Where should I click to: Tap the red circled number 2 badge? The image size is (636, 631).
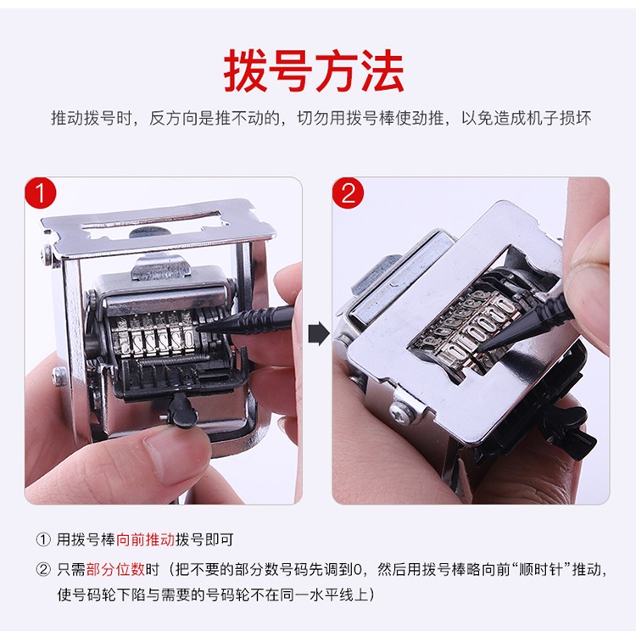coord(348,194)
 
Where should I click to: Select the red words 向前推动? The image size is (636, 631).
coord(145,539)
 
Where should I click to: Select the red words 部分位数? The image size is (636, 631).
coord(115,567)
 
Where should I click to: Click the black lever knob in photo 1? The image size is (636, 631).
coord(180,411)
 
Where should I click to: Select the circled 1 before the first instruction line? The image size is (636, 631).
coord(43,539)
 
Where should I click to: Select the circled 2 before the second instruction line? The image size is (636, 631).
coord(43,567)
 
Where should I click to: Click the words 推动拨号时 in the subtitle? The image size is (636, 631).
coord(92,119)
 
